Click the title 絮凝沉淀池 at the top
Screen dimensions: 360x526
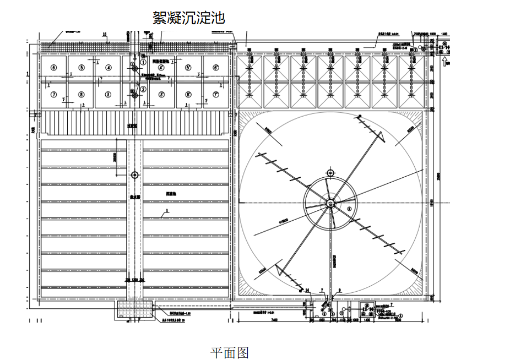point(188,18)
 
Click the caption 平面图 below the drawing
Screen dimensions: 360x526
point(230,352)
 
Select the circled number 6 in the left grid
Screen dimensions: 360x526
point(53,68)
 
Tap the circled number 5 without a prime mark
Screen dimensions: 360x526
point(81,68)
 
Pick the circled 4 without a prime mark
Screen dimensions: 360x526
point(109,68)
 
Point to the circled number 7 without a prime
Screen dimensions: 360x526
point(53,94)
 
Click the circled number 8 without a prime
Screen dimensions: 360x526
point(81,94)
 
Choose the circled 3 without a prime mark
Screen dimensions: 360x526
point(109,94)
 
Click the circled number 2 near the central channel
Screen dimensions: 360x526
point(143,89)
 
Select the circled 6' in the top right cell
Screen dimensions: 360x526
point(215,68)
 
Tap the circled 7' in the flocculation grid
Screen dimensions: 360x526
point(215,94)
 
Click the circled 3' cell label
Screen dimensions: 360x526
point(161,94)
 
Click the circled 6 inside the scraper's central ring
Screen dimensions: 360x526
point(349,209)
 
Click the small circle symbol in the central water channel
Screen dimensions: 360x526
point(134,174)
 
